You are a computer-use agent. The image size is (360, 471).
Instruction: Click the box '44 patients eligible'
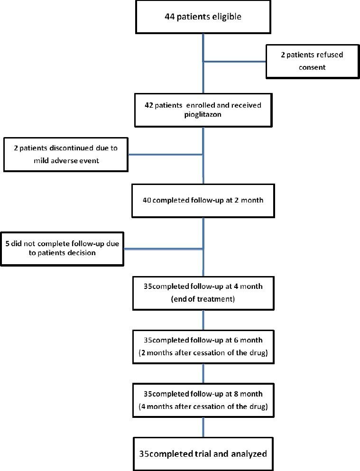pos(203,18)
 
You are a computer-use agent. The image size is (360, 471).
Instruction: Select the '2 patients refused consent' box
pos(312,61)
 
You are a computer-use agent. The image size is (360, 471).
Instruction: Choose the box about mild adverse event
pos(65,154)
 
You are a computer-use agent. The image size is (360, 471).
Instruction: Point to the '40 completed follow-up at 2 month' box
pos(203,200)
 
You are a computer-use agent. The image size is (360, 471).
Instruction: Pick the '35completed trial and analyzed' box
pos(203,453)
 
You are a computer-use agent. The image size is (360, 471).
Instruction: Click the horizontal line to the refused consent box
pos(234,61)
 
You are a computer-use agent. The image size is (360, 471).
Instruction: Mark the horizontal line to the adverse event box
pos(166,154)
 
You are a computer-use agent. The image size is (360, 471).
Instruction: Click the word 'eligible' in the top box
pos(226,18)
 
